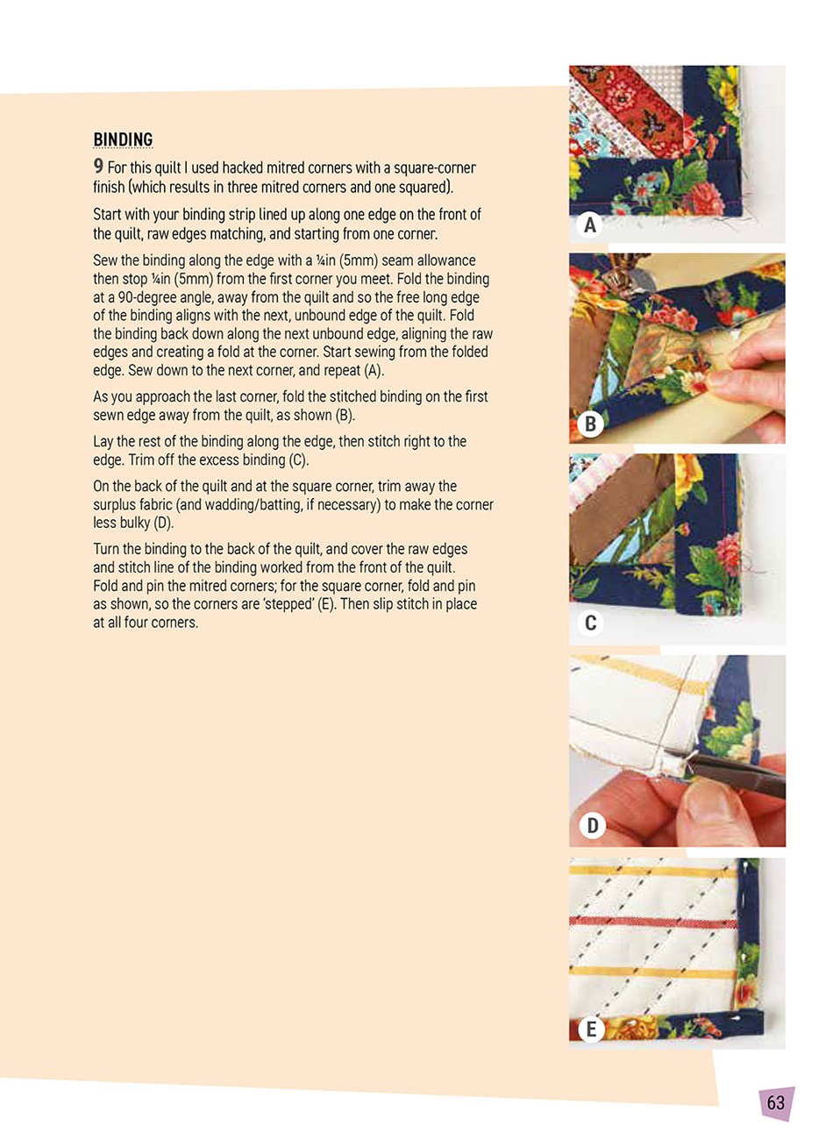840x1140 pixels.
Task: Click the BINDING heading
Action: (x=123, y=139)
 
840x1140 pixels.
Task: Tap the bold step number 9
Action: (x=98, y=167)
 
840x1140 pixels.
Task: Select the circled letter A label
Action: (x=590, y=225)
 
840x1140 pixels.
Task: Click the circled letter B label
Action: (x=590, y=424)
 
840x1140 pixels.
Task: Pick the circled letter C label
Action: (x=591, y=623)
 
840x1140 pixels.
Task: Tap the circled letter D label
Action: (x=592, y=825)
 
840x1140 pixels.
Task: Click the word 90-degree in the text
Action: (x=146, y=298)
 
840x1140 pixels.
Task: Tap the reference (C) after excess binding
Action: (x=299, y=460)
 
